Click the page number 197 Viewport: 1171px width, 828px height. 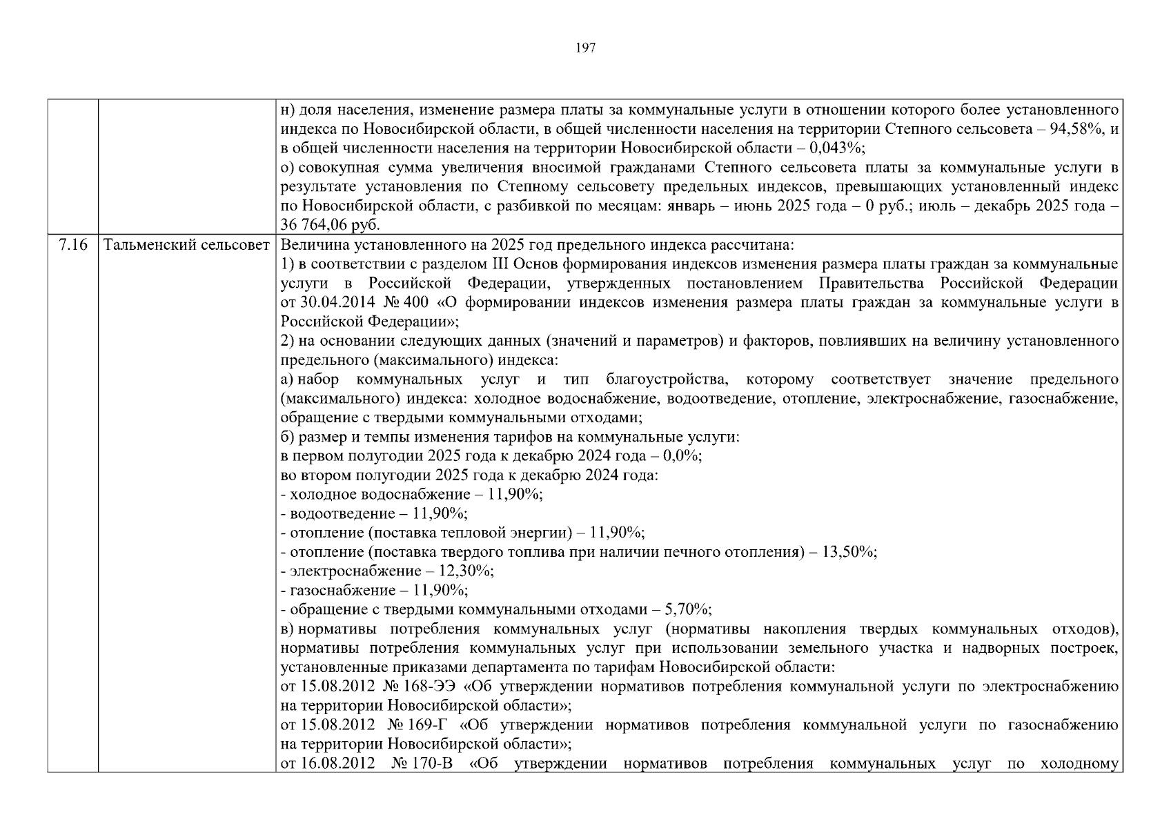point(585,48)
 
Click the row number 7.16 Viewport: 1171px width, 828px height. point(73,245)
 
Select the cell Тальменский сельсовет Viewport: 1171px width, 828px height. point(186,245)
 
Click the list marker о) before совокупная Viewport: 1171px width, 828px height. point(288,168)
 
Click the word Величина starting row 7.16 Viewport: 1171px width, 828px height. point(310,245)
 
